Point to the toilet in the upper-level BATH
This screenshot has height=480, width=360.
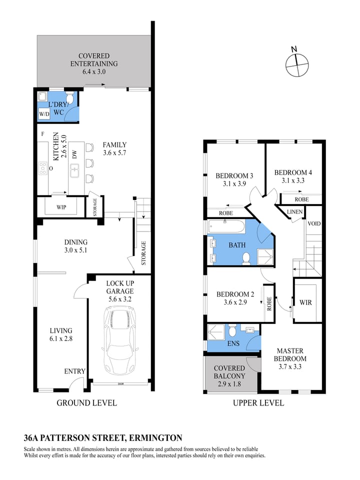point(246,258)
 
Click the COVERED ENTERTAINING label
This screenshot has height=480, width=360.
point(93,60)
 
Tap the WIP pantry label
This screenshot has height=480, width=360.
point(61,207)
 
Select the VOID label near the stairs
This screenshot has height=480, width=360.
point(314,223)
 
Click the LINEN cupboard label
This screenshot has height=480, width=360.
point(294,212)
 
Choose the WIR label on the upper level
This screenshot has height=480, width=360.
point(305,302)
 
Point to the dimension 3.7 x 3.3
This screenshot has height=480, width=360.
point(290,366)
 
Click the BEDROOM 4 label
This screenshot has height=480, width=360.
point(293,173)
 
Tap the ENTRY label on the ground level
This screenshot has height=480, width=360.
point(74,371)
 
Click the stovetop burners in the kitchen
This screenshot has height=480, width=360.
point(42,168)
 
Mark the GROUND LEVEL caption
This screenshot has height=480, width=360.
point(86,402)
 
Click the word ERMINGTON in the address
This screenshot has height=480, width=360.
point(155,438)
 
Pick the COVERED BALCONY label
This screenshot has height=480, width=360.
point(229,372)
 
